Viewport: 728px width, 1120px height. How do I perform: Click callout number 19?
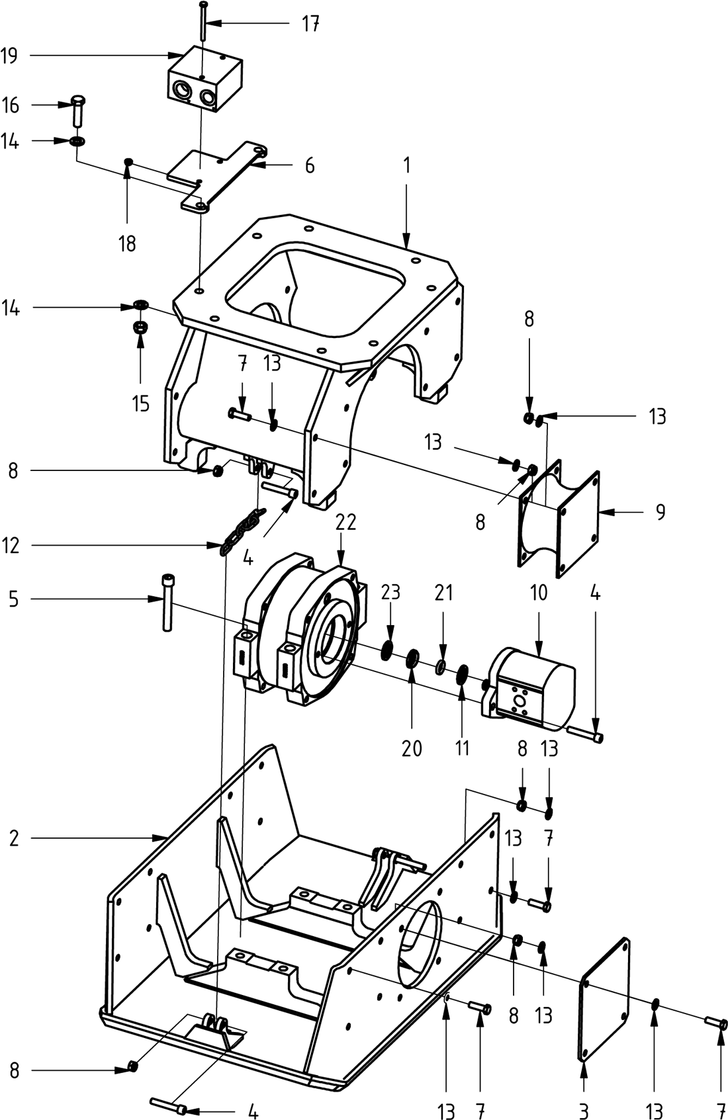click(9, 56)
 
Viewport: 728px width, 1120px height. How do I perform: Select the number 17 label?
click(310, 24)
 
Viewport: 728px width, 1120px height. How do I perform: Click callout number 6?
click(309, 165)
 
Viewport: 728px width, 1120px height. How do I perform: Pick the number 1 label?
click(407, 165)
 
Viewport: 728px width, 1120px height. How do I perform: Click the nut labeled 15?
click(140, 327)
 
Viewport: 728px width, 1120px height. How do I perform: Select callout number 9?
click(660, 511)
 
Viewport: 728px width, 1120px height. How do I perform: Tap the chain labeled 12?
click(241, 530)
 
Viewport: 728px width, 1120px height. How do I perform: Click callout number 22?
click(345, 522)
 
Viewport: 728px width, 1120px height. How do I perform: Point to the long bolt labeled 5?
click(167, 602)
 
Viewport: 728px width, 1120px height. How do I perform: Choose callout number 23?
click(390, 591)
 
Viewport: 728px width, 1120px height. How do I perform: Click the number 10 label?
click(539, 593)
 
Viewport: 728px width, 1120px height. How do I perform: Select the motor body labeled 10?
click(536, 685)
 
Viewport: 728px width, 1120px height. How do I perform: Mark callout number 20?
click(412, 748)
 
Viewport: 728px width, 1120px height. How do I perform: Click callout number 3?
click(584, 1109)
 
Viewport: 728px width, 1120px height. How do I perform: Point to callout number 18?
click(127, 243)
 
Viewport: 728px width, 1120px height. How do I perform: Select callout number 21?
click(443, 592)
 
